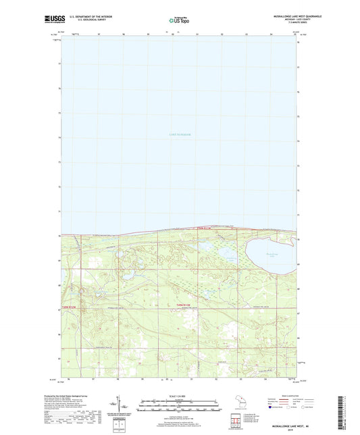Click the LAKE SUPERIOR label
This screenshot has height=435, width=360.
180,135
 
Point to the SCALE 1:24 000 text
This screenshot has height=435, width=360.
179,396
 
